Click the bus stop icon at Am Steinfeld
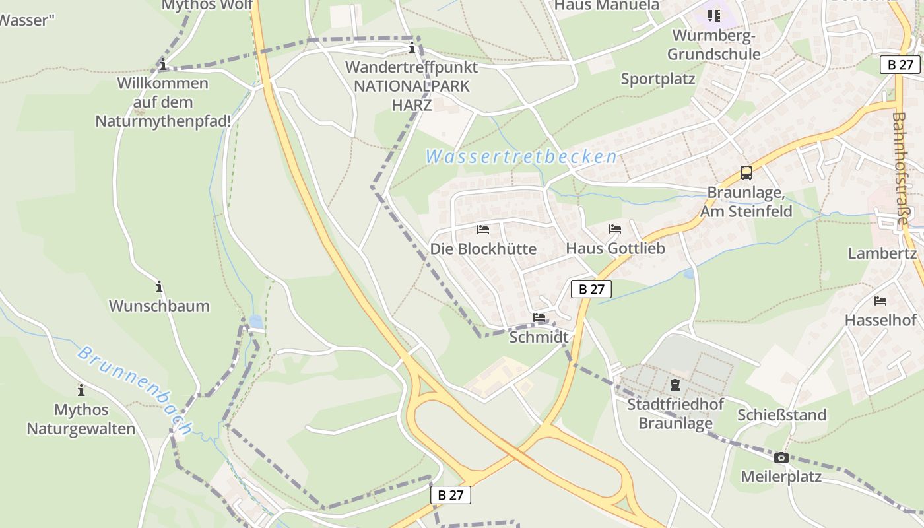click(x=746, y=173)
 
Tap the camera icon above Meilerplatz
click(x=781, y=457)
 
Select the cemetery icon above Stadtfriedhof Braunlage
click(x=675, y=384)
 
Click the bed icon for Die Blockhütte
click(x=483, y=230)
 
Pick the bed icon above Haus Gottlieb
click(x=615, y=229)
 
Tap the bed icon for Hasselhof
click(x=880, y=301)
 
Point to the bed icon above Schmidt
click(x=539, y=317)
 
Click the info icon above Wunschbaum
click(x=159, y=287)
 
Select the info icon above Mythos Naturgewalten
click(x=81, y=390)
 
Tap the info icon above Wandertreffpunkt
click(x=412, y=48)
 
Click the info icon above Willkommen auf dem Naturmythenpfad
click(x=162, y=64)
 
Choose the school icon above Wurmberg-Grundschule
click(x=713, y=15)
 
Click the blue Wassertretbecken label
click(x=521, y=157)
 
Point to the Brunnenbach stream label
click(x=135, y=390)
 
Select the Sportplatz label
click(x=658, y=79)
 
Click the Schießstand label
click(x=781, y=415)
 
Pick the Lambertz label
click(x=882, y=253)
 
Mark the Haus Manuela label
click(x=607, y=5)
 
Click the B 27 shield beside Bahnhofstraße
click(x=900, y=65)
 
